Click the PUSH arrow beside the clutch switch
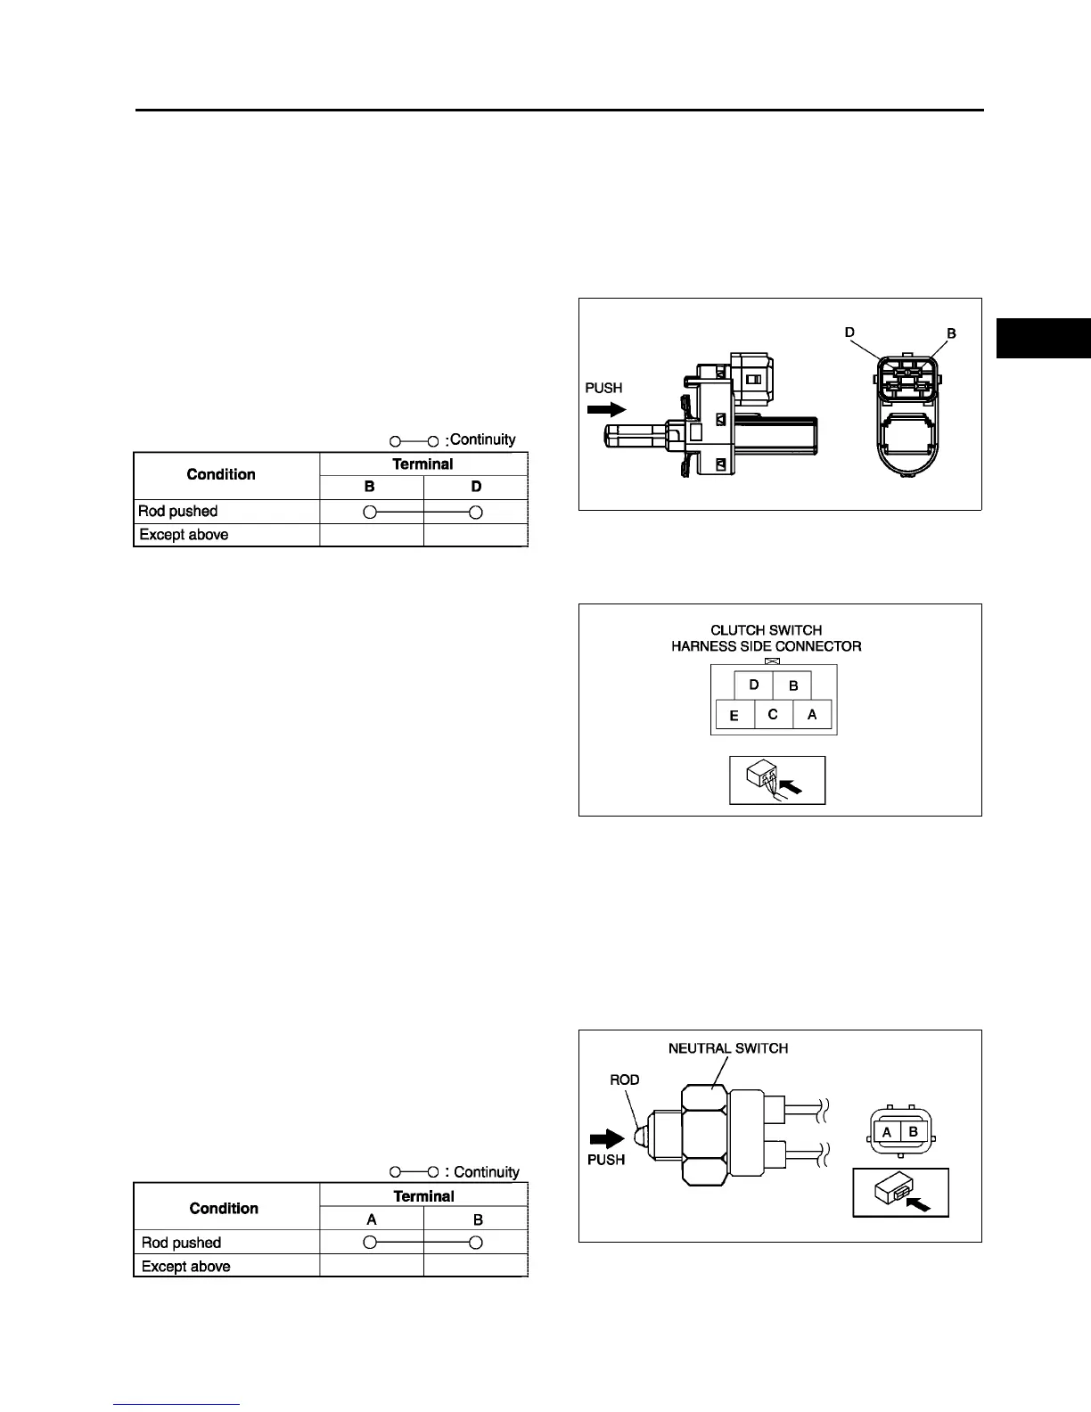606,410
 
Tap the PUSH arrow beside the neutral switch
609,1138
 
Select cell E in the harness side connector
734,716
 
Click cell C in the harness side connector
773,715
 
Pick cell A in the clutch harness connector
812,715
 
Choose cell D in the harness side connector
754,685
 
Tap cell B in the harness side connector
793,686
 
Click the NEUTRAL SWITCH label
728,1048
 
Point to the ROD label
625,1080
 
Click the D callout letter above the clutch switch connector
849,332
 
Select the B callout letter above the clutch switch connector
951,333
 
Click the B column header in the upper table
370,488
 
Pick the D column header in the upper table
476,488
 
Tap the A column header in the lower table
372,1220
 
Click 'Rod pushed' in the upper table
178,512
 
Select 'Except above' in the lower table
185,1267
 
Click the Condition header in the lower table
224,1209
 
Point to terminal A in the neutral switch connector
887,1132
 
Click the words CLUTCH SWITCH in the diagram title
766,630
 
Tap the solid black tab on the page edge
1043,338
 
